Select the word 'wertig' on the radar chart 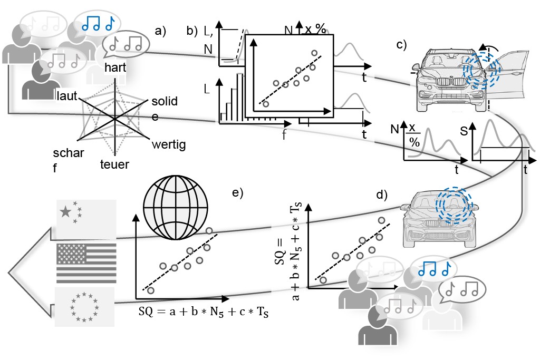click(168, 144)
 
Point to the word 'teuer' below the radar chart click(114, 164)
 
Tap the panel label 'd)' click(381, 194)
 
